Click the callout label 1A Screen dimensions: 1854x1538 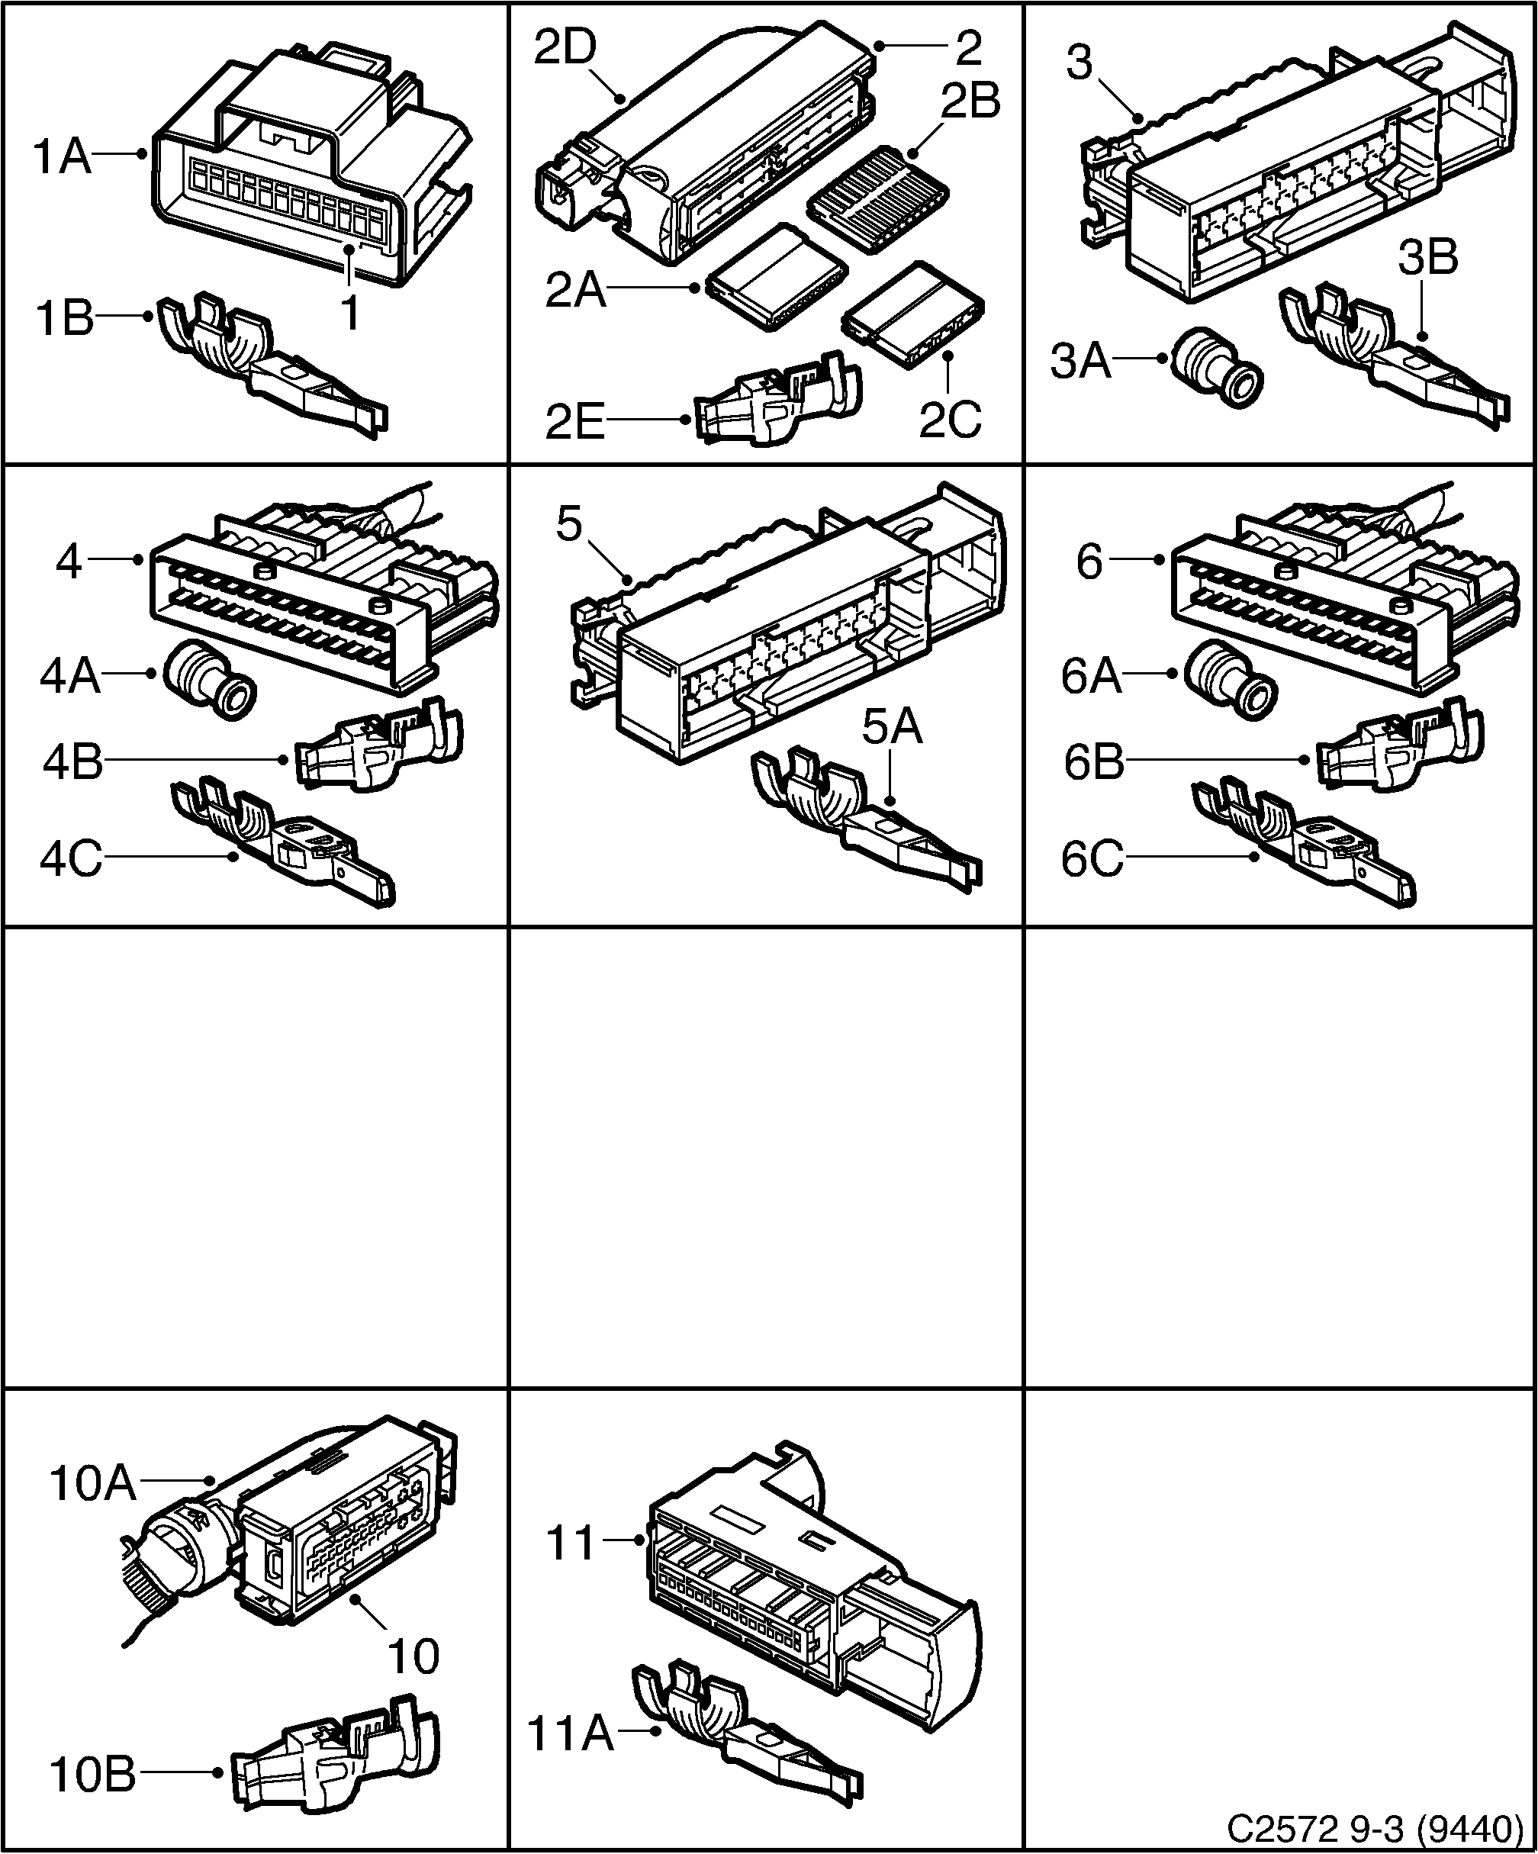click(62, 158)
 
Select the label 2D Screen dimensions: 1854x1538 click(566, 49)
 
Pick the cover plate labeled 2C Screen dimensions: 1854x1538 click(914, 314)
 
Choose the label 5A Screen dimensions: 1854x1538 click(892, 729)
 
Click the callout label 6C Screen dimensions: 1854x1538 click(1092, 859)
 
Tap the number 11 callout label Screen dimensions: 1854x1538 click(571, 1544)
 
